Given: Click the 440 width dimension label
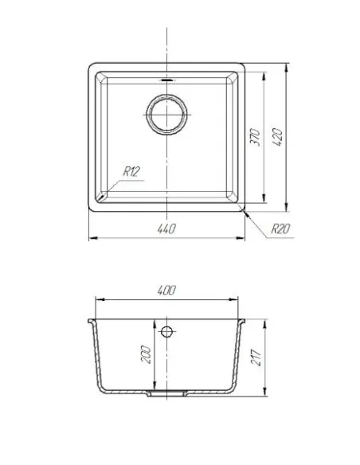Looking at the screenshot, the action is [166, 229].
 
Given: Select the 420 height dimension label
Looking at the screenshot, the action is [277, 137].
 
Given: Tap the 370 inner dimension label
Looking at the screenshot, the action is [255, 137].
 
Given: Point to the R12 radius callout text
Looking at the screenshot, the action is [131, 171].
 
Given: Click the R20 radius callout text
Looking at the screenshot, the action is [280, 229].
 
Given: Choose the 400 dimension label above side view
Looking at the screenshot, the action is [166, 290].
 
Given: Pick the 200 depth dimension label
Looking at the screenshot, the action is [147, 354].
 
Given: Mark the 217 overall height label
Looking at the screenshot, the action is [256, 357].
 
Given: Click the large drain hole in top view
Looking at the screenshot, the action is [166, 115].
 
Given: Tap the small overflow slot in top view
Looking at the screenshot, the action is [166, 80].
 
